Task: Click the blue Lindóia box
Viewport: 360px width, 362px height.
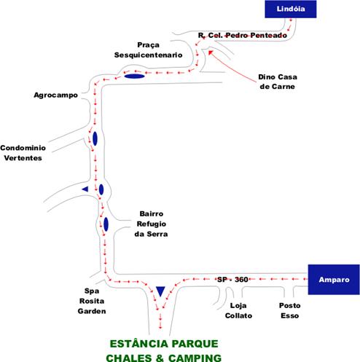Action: pyautogui.click(x=291, y=9)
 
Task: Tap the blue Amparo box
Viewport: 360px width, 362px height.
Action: pyautogui.click(x=334, y=280)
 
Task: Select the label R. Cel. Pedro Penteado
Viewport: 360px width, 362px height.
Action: pyautogui.click(x=243, y=36)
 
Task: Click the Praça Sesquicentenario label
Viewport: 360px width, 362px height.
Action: pyautogui.click(x=148, y=50)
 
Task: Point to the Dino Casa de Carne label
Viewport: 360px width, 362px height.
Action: pyautogui.click(x=278, y=82)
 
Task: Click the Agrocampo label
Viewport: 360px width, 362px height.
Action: pyautogui.click(x=55, y=95)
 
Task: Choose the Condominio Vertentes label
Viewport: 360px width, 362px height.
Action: pyautogui.click(x=23, y=153)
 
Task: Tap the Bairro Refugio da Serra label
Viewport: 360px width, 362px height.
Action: pyautogui.click(x=151, y=224)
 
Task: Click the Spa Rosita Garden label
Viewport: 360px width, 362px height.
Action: pyautogui.click(x=92, y=301)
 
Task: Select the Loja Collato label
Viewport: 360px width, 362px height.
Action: pyautogui.click(x=238, y=310)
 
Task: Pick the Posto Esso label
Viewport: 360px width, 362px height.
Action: pyautogui.click(x=289, y=310)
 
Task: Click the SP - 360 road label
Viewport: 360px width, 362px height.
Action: pyautogui.click(x=232, y=280)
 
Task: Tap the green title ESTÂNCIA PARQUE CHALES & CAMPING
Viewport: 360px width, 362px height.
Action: pyautogui.click(x=164, y=351)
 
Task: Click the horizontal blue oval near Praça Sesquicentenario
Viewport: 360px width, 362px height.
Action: pyautogui.click(x=135, y=76)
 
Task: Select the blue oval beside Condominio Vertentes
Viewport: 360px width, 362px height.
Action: pyautogui.click(x=95, y=138)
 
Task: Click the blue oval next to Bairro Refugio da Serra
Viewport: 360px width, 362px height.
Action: pyautogui.click(x=106, y=224)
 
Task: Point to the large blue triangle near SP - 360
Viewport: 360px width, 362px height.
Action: pyautogui.click(x=160, y=291)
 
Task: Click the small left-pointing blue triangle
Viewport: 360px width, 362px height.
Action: pyautogui.click(x=86, y=189)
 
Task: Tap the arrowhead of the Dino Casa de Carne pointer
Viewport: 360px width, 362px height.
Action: pyautogui.click(x=210, y=52)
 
